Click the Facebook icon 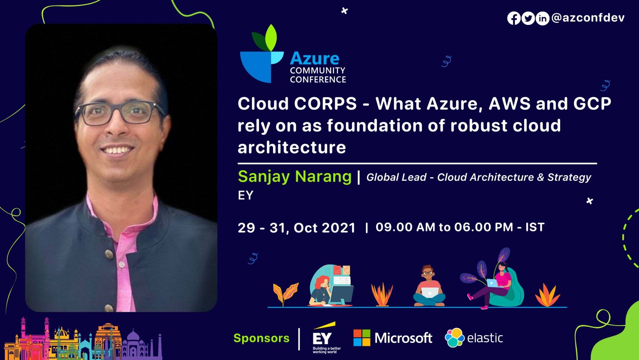coord(514,18)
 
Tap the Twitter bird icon coord(528,18)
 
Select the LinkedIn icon coord(542,18)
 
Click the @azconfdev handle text coord(588,18)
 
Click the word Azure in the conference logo coord(315,59)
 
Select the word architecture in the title coord(292,147)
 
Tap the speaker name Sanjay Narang coord(295,176)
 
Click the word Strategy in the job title coord(569,177)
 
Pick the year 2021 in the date coord(339,228)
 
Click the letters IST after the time coord(535,227)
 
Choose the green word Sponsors coord(261,338)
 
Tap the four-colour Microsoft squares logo coord(362,338)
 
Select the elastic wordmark coord(485,338)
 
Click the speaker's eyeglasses coord(120,112)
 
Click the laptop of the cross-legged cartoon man coord(430,293)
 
